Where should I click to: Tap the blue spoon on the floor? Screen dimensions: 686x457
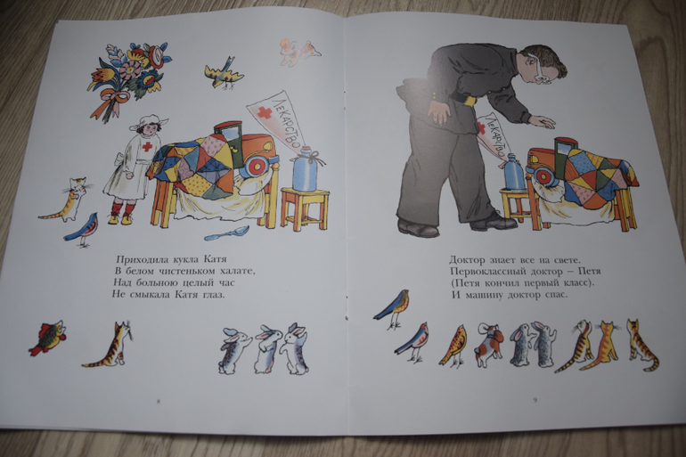(226, 233)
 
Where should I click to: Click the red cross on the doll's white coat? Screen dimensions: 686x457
(147, 146)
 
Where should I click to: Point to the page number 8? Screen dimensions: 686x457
(159, 401)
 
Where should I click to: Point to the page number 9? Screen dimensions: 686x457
(535, 399)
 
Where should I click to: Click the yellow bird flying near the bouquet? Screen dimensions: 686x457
(224, 72)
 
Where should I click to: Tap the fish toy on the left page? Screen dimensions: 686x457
(48, 337)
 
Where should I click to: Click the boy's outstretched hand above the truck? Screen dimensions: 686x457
(543, 121)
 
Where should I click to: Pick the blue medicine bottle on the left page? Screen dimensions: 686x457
(306, 169)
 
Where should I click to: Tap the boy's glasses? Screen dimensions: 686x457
(539, 69)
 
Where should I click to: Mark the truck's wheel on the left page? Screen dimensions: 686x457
(258, 166)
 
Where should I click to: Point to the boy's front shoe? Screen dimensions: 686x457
(494, 221)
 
